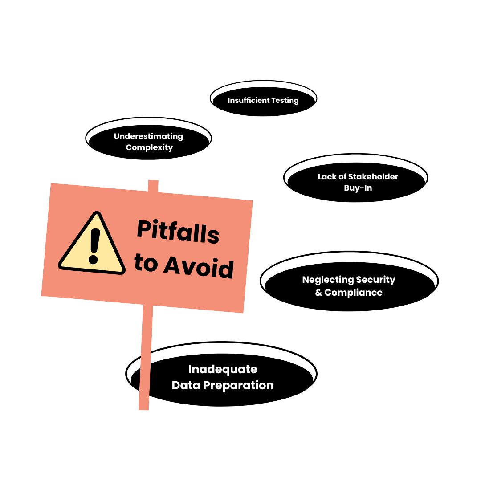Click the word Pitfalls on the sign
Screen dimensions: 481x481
click(178, 232)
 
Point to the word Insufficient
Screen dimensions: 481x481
click(246, 101)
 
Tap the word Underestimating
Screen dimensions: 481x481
click(148, 136)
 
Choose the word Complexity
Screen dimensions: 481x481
click(149, 147)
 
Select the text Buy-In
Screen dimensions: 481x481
click(358, 188)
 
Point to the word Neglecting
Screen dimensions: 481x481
click(324, 280)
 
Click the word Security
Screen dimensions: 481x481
click(374, 280)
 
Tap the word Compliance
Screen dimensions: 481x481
click(354, 293)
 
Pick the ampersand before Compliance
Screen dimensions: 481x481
click(319, 293)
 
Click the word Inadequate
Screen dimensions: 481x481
click(223, 370)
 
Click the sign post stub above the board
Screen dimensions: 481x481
click(153, 186)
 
